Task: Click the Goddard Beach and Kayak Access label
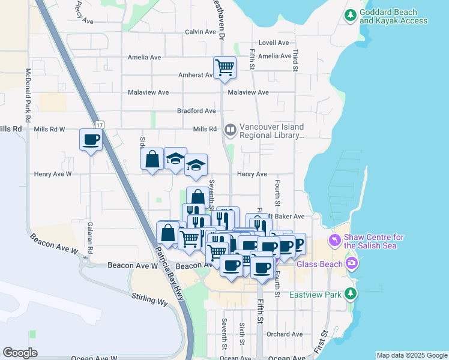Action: (x=394, y=16)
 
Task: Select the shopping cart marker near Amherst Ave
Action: (x=224, y=67)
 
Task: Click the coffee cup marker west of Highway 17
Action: (x=91, y=140)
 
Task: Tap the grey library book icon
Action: (x=231, y=130)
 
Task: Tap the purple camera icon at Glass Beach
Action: (x=352, y=263)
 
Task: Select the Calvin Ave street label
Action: (x=200, y=32)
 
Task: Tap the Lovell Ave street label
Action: (x=274, y=43)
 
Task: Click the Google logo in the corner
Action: (x=20, y=353)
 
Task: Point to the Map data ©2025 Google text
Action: (x=411, y=355)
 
